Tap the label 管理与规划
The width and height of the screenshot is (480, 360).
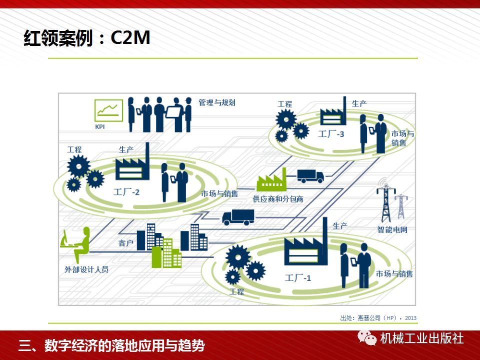216,102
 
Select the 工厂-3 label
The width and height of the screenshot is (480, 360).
331,134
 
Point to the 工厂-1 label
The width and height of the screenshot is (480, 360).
298,277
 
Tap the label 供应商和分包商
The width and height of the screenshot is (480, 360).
278,199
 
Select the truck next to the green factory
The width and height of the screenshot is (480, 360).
310,175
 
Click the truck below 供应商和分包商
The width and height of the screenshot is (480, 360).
238,216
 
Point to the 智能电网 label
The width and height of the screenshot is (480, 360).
392,230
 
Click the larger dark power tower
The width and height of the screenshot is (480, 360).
386,202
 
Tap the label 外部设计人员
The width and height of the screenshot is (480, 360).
86,269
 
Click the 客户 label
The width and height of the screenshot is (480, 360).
126,243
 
